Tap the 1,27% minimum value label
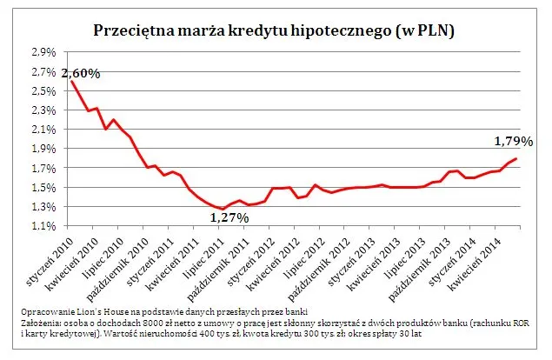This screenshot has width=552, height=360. pos(229,217)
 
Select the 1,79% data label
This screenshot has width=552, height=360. pos(513,140)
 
